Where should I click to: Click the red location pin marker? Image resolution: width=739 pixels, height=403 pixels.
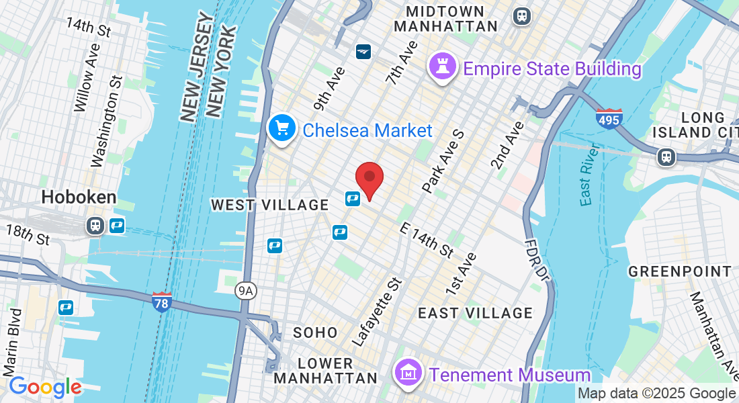point(369,178)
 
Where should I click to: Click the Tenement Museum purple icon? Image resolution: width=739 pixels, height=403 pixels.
point(408,373)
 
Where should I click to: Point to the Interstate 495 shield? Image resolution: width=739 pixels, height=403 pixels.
point(608,119)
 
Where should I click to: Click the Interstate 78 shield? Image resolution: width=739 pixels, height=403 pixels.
point(161,302)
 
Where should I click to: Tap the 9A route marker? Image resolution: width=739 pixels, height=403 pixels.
point(247,291)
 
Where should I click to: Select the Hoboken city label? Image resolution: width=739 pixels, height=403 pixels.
point(79,197)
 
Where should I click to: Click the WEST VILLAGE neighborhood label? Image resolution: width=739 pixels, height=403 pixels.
point(270,205)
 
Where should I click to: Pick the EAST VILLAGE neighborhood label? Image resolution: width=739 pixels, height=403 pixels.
point(475,313)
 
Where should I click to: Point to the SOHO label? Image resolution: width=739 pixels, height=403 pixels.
point(315,332)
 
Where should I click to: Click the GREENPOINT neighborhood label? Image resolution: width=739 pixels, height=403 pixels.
point(680,271)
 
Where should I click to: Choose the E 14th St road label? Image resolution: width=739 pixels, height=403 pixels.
point(426,240)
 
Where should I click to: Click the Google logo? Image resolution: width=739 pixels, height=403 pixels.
point(45,388)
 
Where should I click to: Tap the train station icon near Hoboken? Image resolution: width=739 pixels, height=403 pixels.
point(95,226)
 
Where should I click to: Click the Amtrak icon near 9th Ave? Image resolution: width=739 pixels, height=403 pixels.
point(363,51)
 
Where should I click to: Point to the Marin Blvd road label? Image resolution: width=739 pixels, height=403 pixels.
point(11,343)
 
